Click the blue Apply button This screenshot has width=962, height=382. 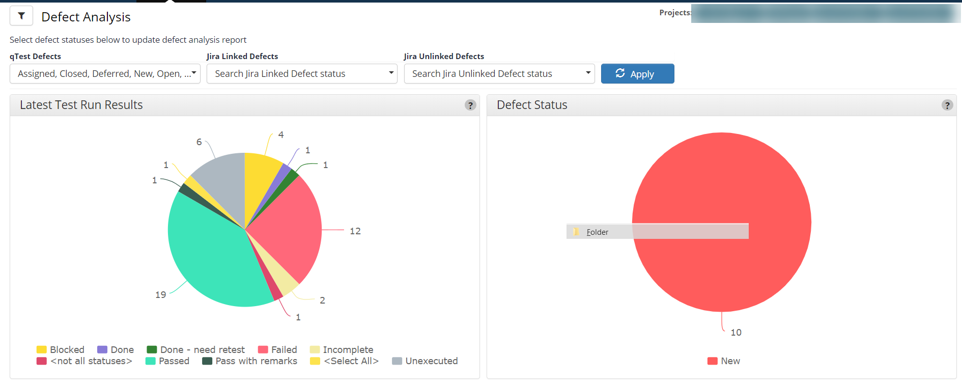[637, 74]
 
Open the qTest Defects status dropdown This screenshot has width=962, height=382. [105, 74]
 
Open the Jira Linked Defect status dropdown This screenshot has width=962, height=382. [302, 74]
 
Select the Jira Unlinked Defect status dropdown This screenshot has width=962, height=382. [499, 74]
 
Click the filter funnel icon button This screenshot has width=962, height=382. [21, 16]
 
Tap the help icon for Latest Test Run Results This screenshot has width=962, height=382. [470, 105]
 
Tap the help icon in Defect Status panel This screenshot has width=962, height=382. [947, 105]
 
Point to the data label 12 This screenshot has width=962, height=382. [355, 231]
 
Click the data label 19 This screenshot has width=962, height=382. [161, 295]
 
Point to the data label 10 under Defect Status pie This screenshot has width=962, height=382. [736, 333]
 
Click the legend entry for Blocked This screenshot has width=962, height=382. [61, 350]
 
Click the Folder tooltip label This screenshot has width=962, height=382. [597, 232]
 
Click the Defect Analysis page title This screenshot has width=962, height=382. [86, 17]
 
